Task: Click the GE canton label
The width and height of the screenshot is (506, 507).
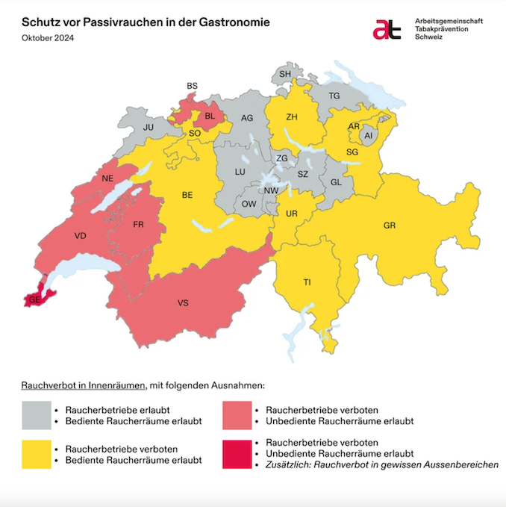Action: click(x=34, y=300)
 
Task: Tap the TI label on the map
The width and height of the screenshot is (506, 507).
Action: click(x=307, y=282)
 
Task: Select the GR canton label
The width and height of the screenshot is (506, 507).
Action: click(x=389, y=225)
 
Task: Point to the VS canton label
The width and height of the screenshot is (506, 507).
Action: click(x=183, y=304)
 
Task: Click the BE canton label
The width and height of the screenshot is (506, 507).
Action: click(x=188, y=195)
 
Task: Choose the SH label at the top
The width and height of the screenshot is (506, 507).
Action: click(x=285, y=74)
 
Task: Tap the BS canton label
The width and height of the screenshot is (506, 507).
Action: click(x=192, y=87)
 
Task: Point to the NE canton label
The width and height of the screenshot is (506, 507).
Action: click(x=107, y=179)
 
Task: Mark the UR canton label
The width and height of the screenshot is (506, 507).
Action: click(x=292, y=214)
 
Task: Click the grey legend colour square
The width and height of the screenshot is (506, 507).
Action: click(x=36, y=415)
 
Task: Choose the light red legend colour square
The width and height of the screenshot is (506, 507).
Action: click(x=237, y=415)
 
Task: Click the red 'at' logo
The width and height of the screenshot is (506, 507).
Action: click(x=387, y=28)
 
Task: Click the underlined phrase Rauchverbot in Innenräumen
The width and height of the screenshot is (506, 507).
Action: click(x=83, y=386)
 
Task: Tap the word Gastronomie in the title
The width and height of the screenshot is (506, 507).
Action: click(x=231, y=22)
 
